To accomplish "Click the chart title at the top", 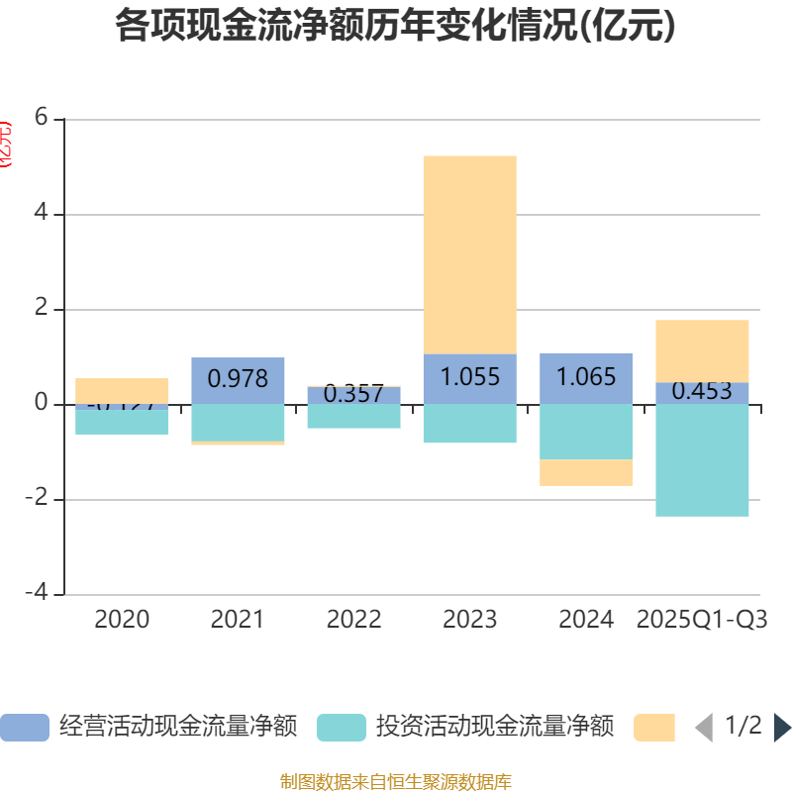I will tap(395, 26).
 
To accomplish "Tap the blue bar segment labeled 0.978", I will tap(238, 378).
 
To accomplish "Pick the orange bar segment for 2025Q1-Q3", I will tap(702, 350).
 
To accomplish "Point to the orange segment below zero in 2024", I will tap(586, 472).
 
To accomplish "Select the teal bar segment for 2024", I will tap(586, 432).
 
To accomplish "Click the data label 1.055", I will tap(469, 377).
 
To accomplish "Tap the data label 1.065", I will tap(586, 377).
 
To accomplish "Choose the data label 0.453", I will tap(702, 391).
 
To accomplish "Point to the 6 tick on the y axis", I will tap(41, 118).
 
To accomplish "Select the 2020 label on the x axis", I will tap(122, 620).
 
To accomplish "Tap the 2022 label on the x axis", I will tap(353, 620).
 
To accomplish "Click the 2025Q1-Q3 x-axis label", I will tap(702, 620).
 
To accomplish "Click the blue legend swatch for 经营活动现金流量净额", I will tap(24, 728).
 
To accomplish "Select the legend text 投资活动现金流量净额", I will tap(494, 728).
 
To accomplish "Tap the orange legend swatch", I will tap(654, 728).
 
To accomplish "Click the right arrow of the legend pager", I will tap(782, 728).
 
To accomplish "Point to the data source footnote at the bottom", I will tap(395, 782).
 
